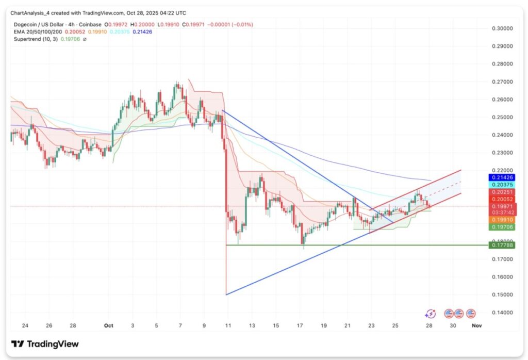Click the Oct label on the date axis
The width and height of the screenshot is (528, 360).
click(108, 326)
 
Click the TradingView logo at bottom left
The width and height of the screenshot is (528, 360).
click(45, 344)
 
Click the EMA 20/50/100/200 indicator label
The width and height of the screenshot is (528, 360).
click(36, 31)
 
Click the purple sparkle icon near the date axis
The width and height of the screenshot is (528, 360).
click(430, 313)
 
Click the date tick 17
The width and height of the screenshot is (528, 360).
click(301, 326)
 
